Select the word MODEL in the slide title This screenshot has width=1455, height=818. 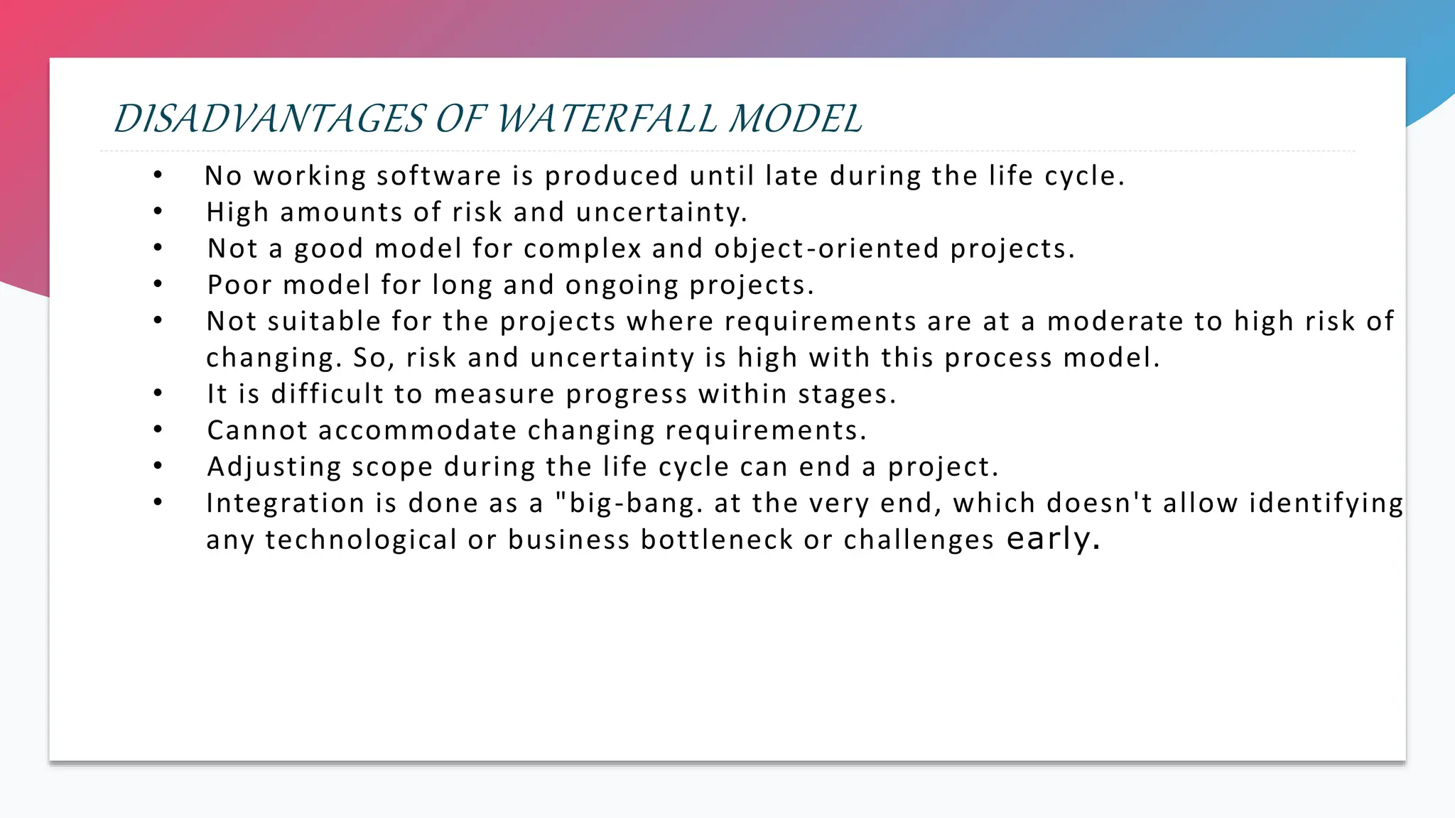point(796,119)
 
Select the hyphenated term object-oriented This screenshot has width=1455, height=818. point(826,249)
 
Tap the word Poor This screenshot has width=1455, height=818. point(239,285)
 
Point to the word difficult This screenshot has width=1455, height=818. point(327,394)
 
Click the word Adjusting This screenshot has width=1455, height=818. point(274,467)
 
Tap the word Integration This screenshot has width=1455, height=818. point(286,503)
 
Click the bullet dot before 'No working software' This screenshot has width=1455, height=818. point(158,175)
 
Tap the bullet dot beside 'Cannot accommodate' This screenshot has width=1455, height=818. point(158,429)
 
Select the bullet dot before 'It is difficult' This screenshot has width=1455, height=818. point(158,393)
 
